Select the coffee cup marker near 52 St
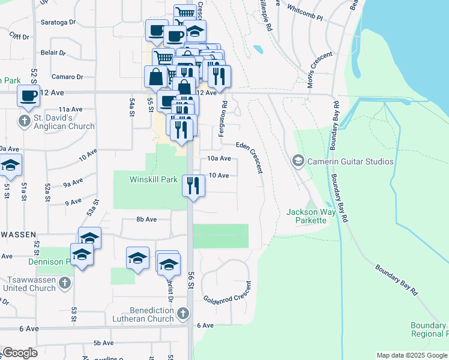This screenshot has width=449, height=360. (x=28, y=95)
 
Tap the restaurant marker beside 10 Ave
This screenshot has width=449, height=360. (x=193, y=185)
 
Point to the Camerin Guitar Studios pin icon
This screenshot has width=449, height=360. (x=297, y=161)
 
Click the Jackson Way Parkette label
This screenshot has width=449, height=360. (x=306, y=216)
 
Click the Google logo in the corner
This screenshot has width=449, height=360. (x=20, y=353)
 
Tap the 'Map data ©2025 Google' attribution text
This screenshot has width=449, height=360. (x=411, y=355)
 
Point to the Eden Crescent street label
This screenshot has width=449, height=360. (x=250, y=158)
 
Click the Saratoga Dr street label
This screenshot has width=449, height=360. (x=58, y=22)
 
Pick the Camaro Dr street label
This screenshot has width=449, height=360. (x=67, y=77)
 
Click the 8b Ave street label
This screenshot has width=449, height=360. (x=146, y=220)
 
